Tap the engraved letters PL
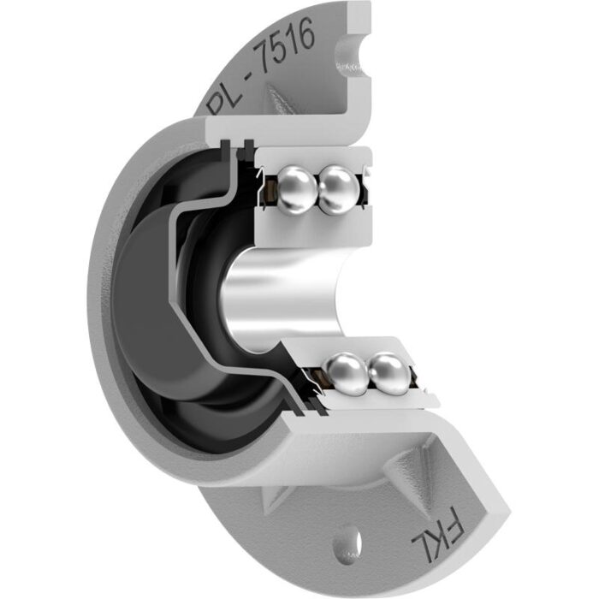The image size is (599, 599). tap(225, 97)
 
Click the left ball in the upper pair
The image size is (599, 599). tap(297, 185)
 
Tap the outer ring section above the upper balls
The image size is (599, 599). tap(317, 157)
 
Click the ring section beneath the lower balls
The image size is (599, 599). tap(377, 399)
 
